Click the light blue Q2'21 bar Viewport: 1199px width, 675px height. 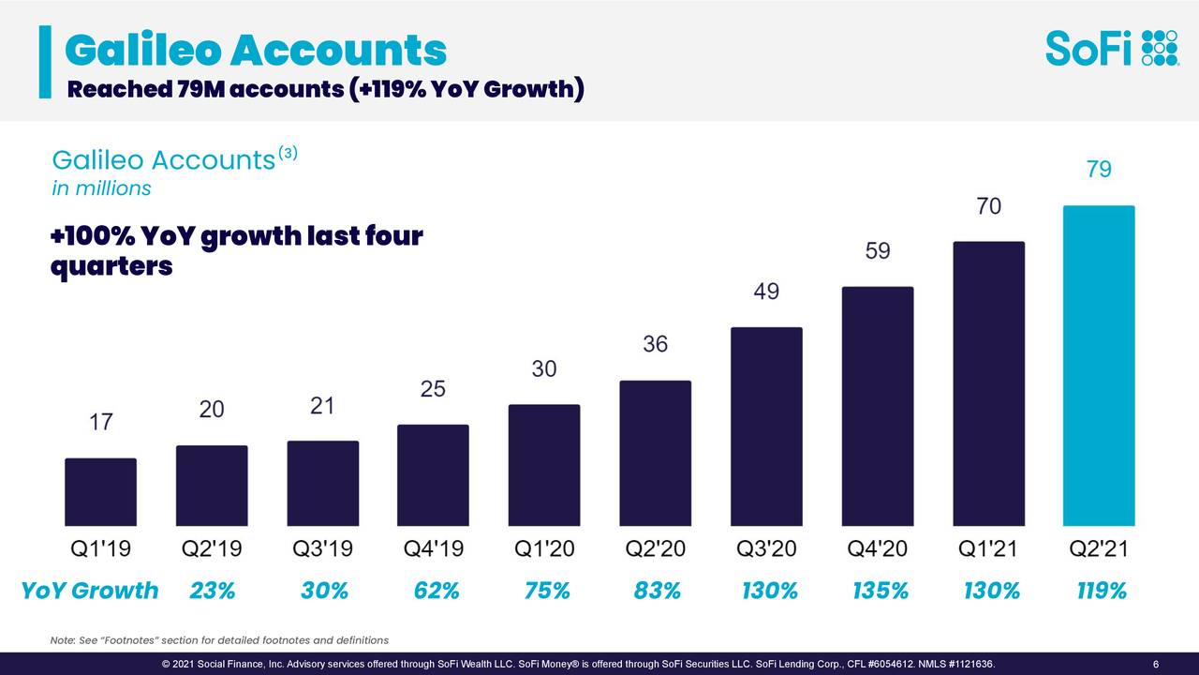click(x=1098, y=366)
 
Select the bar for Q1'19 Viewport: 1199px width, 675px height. click(x=100, y=492)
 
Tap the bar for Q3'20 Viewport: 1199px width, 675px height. click(x=766, y=427)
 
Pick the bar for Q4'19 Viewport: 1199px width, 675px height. click(x=433, y=475)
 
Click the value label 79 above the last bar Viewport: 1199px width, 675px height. click(x=1099, y=170)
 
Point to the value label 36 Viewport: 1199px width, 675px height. click(x=655, y=344)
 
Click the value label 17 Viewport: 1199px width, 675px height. click(x=100, y=423)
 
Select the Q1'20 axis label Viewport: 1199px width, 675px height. click(x=543, y=549)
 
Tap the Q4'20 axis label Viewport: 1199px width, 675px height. click(x=877, y=549)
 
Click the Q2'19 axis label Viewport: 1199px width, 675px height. click(x=211, y=549)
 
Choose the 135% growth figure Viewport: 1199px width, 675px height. click(x=881, y=592)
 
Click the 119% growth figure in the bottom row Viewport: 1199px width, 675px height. click(x=1102, y=592)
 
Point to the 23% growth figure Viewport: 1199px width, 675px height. click(x=212, y=592)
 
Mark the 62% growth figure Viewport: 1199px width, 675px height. click(x=437, y=592)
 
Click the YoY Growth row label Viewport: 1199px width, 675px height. click(x=90, y=592)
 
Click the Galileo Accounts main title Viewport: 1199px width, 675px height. click(x=255, y=51)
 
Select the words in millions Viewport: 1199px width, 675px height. click(x=101, y=188)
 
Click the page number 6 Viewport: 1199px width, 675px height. click(x=1157, y=666)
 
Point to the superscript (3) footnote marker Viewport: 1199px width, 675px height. click(x=287, y=153)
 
